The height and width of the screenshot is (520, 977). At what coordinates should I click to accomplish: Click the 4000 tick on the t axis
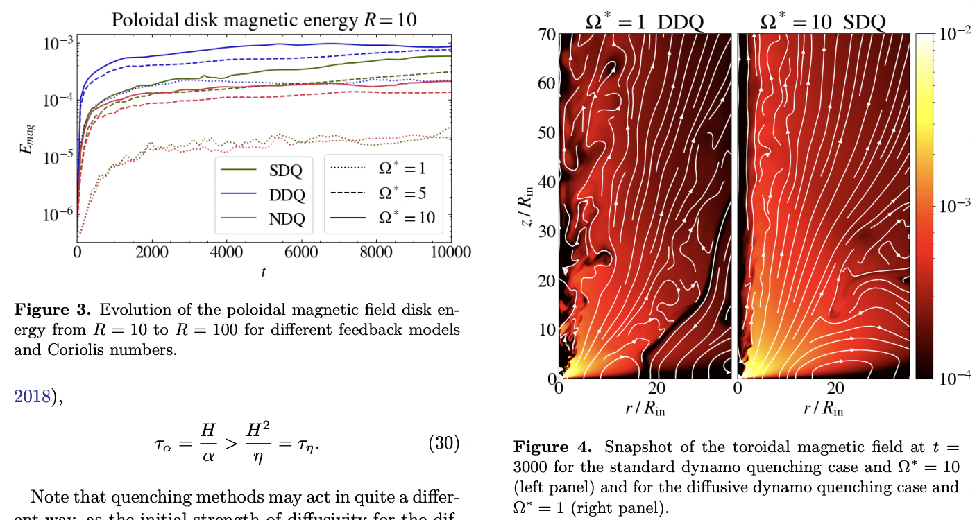pyautogui.click(x=226, y=252)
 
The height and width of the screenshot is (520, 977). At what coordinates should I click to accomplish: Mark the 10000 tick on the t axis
pyautogui.click(x=451, y=252)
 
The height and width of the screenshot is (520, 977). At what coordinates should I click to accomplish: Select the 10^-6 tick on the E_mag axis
pyautogui.click(x=56, y=215)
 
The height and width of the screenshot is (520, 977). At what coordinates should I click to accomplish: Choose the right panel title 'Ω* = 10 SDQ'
pyautogui.click(x=823, y=21)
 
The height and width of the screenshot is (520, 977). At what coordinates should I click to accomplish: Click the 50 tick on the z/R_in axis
pyautogui.click(x=547, y=132)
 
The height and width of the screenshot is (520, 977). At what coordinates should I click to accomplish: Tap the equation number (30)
pyautogui.click(x=444, y=443)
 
